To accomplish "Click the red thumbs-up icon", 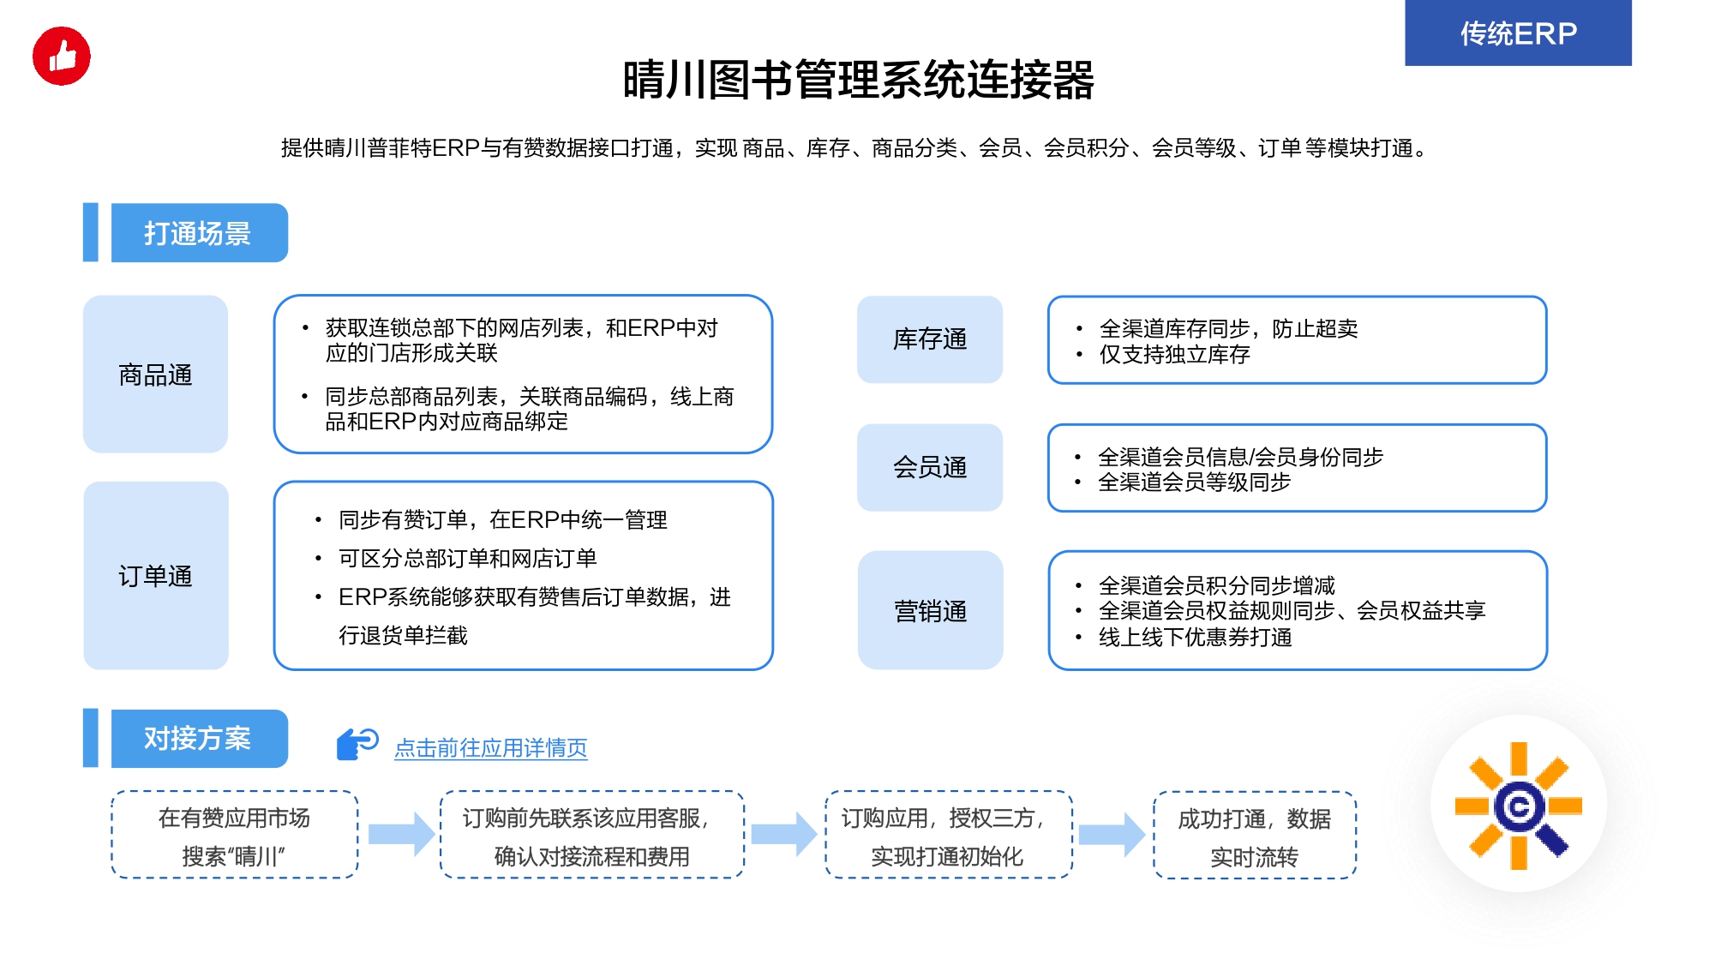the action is click(62, 57).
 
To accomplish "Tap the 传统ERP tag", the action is click(1518, 33).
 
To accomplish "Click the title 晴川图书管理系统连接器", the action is click(858, 80).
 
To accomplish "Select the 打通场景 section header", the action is click(199, 233).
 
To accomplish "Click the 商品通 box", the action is click(155, 375).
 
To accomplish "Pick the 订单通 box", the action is click(155, 576).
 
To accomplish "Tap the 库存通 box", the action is click(930, 339).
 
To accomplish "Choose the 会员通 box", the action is click(930, 467).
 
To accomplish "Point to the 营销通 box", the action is click(930, 610).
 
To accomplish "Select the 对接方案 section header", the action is click(199, 739).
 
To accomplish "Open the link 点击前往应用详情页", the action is click(491, 748).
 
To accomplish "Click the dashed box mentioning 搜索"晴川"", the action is click(235, 835).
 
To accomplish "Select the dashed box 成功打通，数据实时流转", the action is click(1255, 836).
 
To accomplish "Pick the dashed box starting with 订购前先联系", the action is click(592, 835).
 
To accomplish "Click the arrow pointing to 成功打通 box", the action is click(1112, 835).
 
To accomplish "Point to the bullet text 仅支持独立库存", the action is click(1174, 355).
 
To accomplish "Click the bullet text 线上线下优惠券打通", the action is click(1195, 638).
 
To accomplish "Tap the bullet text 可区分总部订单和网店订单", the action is click(467, 559).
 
